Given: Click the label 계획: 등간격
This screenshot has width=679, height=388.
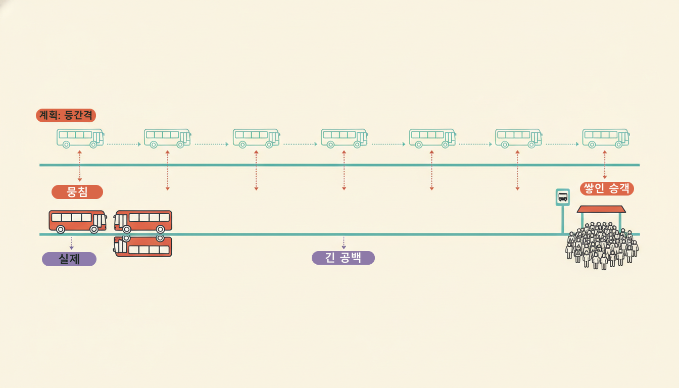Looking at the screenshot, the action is pyautogui.click(x=66, y=115).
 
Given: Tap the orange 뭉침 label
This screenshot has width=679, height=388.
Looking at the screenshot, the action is pyautogui.click(x=77, y=192).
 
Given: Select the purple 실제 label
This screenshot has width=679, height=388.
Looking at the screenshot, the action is pyautogui.click(x=69, y=259).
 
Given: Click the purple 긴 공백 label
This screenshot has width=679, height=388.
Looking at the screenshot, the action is pyautogui.click(x=343, y=258).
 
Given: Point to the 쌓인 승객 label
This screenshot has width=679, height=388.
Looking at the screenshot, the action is pyautogui.click(x=607, y=188).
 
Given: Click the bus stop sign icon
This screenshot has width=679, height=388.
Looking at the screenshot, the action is pyautogui.click(x=563, y=198).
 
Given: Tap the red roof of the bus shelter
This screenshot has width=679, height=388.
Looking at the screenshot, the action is pyautogui.click(x=601, y=209).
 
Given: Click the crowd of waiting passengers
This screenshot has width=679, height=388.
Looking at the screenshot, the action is pyautogui.click(x=602, y=246).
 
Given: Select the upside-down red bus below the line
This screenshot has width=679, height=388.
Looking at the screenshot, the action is pyautogui.click(x=143, y=246).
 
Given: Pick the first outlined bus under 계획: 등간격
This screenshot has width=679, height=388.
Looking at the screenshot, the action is pyautogui.click(x=80, y=138).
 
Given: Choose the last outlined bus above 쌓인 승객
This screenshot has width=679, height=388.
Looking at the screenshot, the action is pyautogui.click(x=606, y=138).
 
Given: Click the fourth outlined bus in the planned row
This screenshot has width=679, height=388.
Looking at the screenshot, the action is pyautogui.click(x=345, y=138).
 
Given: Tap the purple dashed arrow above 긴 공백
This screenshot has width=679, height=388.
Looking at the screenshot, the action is pyautogui.click(x=344, y=243).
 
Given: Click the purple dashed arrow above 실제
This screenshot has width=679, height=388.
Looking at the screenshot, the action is pyautogui.click(x=71, y=244).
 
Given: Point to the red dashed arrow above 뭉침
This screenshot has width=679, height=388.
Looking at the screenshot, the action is pyautogui.click(x=80, y=166).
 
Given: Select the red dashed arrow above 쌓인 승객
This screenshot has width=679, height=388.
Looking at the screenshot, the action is pyautogui.click(x=605, y=165).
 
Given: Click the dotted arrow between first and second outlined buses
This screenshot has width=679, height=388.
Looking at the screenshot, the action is pyautogui.click(x=124, y=144).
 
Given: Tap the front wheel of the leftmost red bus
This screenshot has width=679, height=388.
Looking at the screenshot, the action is pyautogui.click(x=94, y=229).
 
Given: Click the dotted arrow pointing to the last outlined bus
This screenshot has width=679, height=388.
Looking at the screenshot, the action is pyautogui.click(x=562, y=144).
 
